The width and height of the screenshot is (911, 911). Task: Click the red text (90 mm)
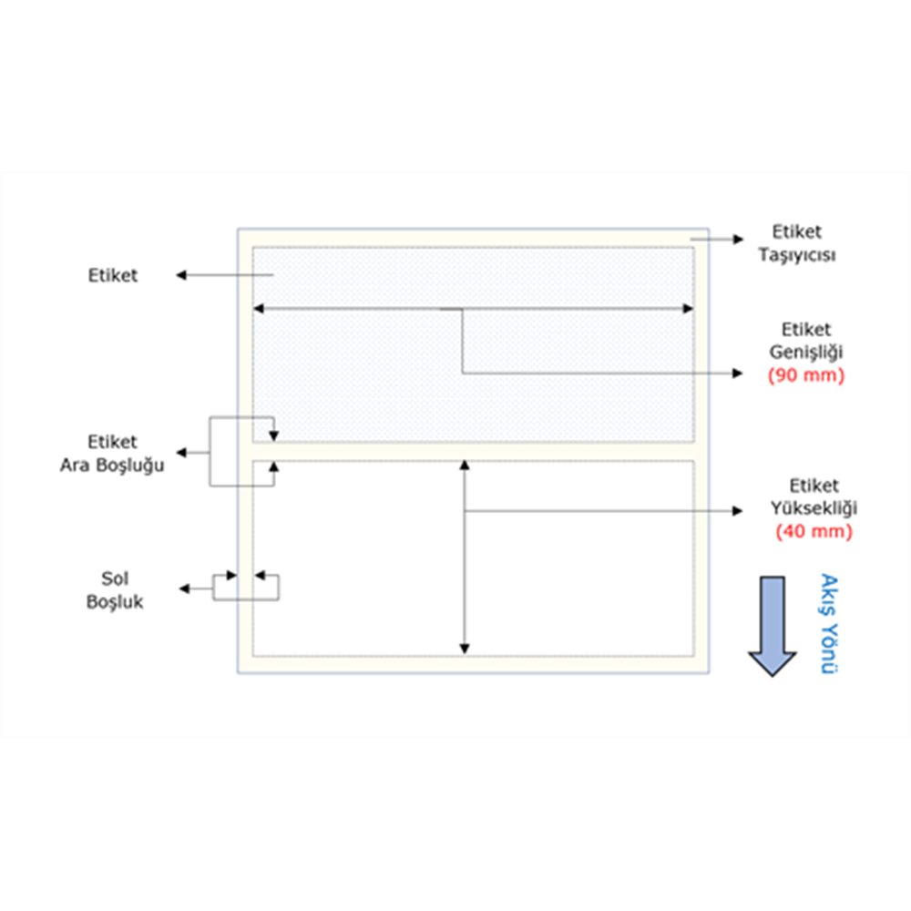(806, 375)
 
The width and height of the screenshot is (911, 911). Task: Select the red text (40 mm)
(814, 532)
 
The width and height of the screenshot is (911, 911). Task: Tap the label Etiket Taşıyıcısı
(797, 243)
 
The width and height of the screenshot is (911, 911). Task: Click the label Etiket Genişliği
(806, 341)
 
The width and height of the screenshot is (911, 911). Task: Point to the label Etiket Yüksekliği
(814, 497)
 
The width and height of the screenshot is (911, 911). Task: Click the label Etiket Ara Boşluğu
(112, 453)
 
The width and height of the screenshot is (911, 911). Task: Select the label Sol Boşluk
(115, 589)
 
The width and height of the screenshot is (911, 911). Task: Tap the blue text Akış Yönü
(829, 624)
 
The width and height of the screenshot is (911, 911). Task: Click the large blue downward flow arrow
(773, 627)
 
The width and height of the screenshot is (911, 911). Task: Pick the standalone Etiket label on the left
(113, 275)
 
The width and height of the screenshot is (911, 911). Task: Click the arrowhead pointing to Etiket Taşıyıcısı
(739, 239)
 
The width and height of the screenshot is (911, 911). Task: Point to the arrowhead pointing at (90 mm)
(738, 374)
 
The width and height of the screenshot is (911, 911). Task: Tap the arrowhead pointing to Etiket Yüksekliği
(738, 511)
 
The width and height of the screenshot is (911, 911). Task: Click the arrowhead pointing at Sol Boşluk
(185, 589)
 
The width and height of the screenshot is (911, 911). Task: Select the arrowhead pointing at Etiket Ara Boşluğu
(181, 453)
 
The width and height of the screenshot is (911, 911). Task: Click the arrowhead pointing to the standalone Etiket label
(181, 275)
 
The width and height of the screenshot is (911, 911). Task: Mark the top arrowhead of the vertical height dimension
(465, 466)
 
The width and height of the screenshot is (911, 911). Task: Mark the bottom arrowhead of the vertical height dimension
(465, 649)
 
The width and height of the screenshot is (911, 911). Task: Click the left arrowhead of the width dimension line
(259, 309)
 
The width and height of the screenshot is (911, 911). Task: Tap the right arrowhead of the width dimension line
(688, 309)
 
